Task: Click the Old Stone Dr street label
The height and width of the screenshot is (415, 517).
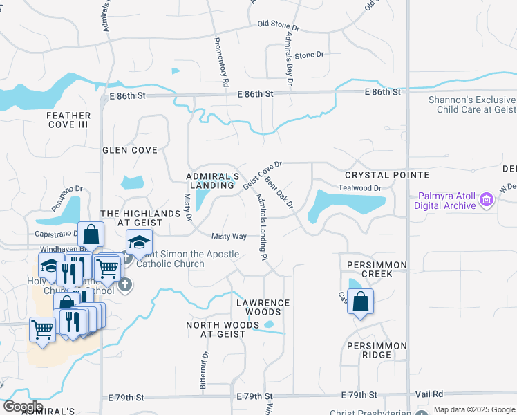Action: pyautogui.click(x=278, y=25)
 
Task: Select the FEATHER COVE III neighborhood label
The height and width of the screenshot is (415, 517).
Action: pyautogui.click(x=68, y=120)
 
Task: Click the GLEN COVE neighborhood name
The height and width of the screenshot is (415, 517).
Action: pyautogui.click(x=130, y=149)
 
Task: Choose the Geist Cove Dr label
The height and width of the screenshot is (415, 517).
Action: pyautogui.click(x=263, y=175)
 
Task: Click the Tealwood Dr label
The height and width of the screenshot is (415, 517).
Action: pyautogui.click(x=359, y=188)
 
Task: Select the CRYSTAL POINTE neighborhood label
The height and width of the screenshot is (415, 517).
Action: pyautogui.click(x=387, y=176)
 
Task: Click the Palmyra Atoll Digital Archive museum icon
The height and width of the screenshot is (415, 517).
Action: pyautogui.click(x=487, y=200)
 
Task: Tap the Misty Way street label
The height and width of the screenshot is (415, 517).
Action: pyautogui.click(x=229, y=237)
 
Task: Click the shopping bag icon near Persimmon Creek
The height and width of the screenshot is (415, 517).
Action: pyautogui.click(x=360, y=302)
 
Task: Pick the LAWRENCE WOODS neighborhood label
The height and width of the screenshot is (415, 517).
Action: pyautogui.click(x=263, y=308)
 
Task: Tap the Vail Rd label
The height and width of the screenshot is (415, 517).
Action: pyautogui.click(x=429, y=394)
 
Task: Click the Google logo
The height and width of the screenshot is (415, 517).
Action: pyautogui.click(x=23, y=407)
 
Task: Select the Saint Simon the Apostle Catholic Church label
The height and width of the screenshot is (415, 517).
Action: pyautogui.click(x=170, y=259)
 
